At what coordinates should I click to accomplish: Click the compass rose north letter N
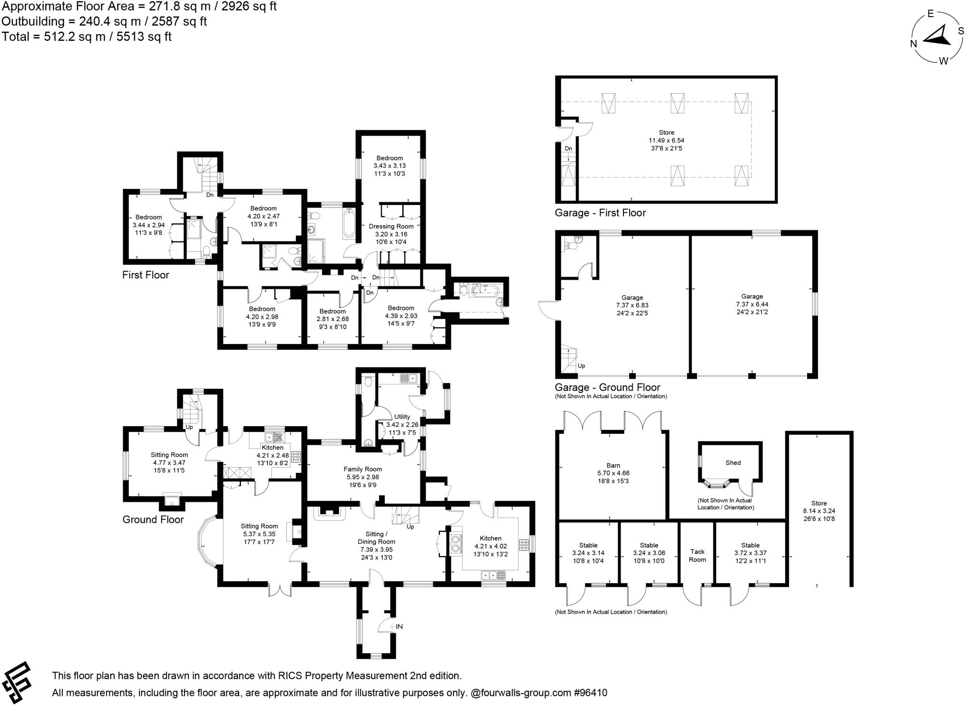point(914,44)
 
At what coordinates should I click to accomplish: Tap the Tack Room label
point(697,556)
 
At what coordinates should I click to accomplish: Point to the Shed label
point(733,462)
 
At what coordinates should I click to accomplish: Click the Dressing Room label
point(391,226)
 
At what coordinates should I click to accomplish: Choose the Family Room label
point(362,469)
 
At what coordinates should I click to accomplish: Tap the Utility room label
point(402,417)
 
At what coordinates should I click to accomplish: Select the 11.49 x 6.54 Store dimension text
point(666,140)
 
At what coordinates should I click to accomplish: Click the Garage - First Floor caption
point(600,213)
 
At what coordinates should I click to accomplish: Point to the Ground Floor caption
point(153,519)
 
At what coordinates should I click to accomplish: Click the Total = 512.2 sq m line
point(87,37)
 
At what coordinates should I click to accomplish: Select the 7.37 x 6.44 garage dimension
point(751,304)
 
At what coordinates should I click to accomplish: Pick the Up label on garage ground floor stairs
point(581,366)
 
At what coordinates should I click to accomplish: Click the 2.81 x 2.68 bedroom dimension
point(332,319)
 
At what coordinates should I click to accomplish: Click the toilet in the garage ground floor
point(571,245)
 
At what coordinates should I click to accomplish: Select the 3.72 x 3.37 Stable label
point(750,553)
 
